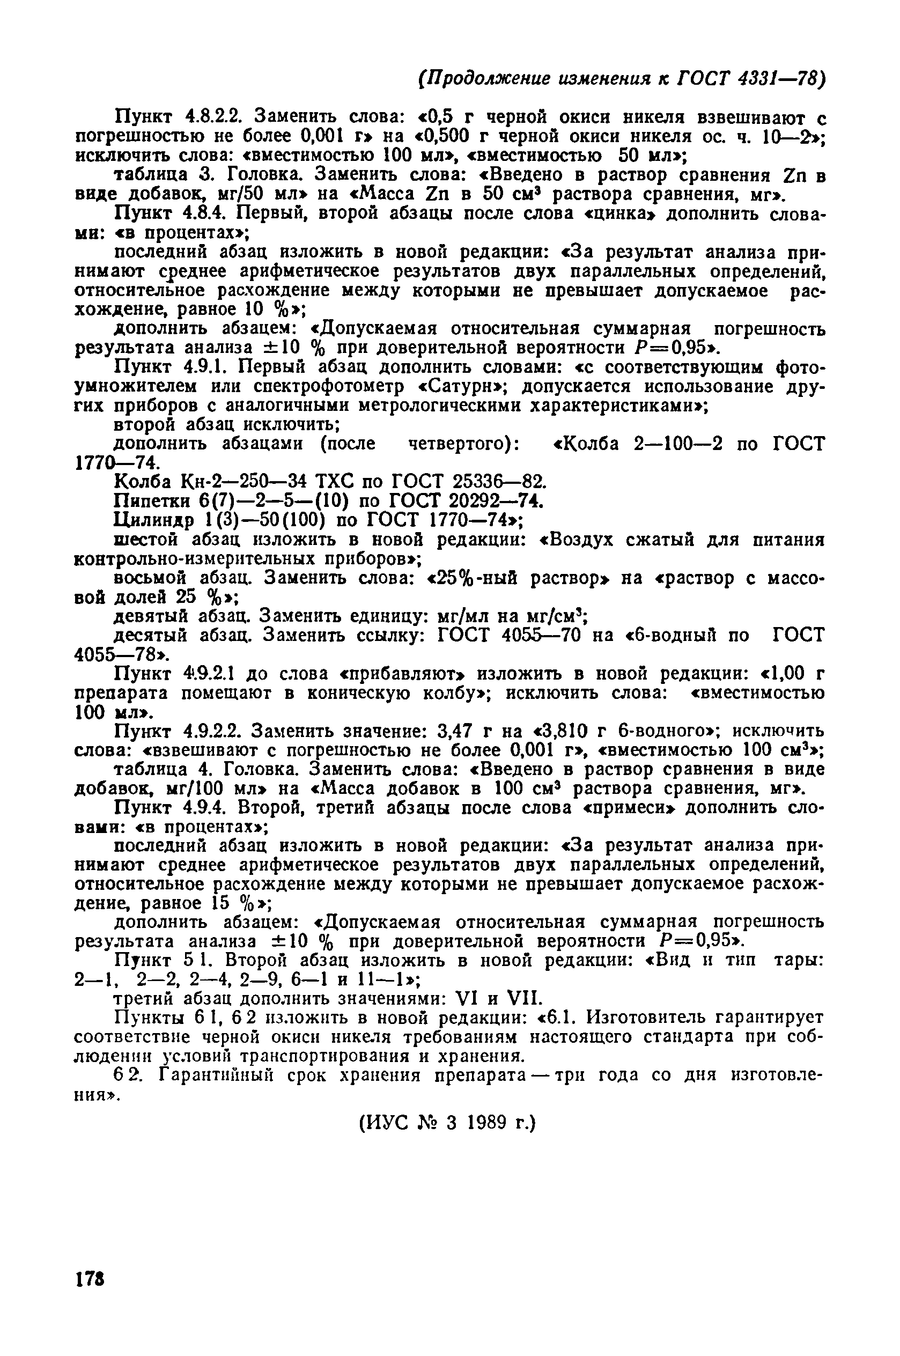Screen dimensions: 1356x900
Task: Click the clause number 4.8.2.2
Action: tap(212, 117)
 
